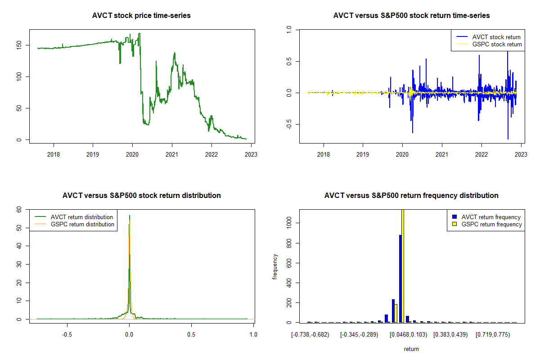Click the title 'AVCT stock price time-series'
coord(141,16)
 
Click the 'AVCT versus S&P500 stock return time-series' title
coord(411,16)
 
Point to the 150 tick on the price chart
coord(19,45)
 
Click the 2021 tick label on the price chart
coord(172,153)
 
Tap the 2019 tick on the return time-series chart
coord(363,153)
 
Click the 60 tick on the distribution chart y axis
coord(19,209)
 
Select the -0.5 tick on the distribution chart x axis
coord(67,335)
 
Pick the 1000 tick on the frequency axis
coord(289,223)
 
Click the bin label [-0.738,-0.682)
coord(310,335)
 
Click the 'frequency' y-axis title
coord(275,266)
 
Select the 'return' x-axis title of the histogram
coord(411,349)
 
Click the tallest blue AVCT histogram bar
coord(400,279)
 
